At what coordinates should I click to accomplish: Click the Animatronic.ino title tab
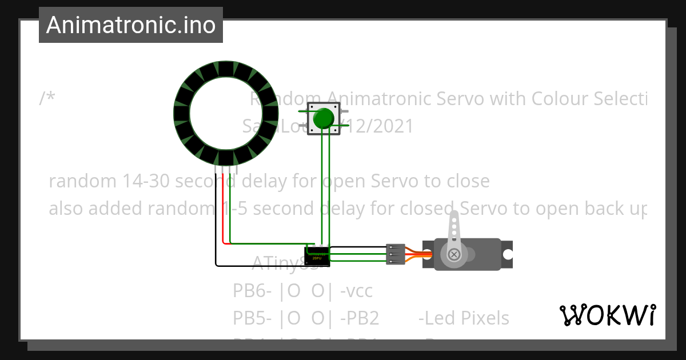(131, 25)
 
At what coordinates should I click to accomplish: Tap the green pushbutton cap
(324, 118)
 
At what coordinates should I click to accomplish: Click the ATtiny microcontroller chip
(317, 255)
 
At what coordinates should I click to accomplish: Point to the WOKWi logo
(607, 315)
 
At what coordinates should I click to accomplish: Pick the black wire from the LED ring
(216, 229)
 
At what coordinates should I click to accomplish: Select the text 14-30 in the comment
(146, 182)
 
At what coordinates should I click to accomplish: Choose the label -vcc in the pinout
(356, 291)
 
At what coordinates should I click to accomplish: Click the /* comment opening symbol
(47, 99)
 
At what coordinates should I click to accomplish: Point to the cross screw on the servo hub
(454, 254)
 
